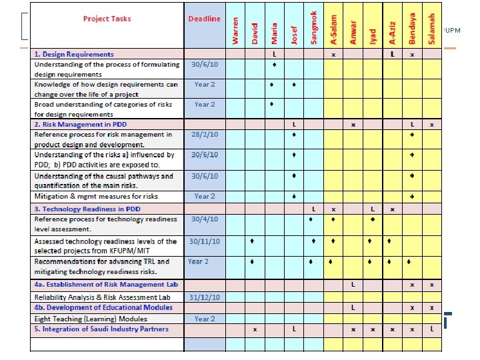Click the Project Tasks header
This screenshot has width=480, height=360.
(x=107, y=19)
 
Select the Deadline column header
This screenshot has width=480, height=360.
(x=204, y=19)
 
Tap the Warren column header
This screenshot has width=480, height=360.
(x=235, y=31)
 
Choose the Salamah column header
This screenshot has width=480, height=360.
(x=432, y=29)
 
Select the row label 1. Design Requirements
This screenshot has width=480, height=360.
(x=74, y=54)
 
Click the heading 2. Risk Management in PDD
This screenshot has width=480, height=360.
(x=80, y=125)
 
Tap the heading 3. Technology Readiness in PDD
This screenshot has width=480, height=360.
(x=87, y=209)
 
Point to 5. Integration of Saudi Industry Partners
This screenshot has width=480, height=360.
(x=101, y=329)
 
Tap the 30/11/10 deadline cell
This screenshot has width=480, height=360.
(x=204, y=241)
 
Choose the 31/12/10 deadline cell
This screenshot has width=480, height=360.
(x=204, y=297)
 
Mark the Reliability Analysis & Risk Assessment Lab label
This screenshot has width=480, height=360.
(x=107, y=297)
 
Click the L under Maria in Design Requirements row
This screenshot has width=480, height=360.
(x=274, y=54)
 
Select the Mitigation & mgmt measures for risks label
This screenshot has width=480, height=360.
(x=96, y=197)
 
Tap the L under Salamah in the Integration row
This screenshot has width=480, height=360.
(x=432, y=329)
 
